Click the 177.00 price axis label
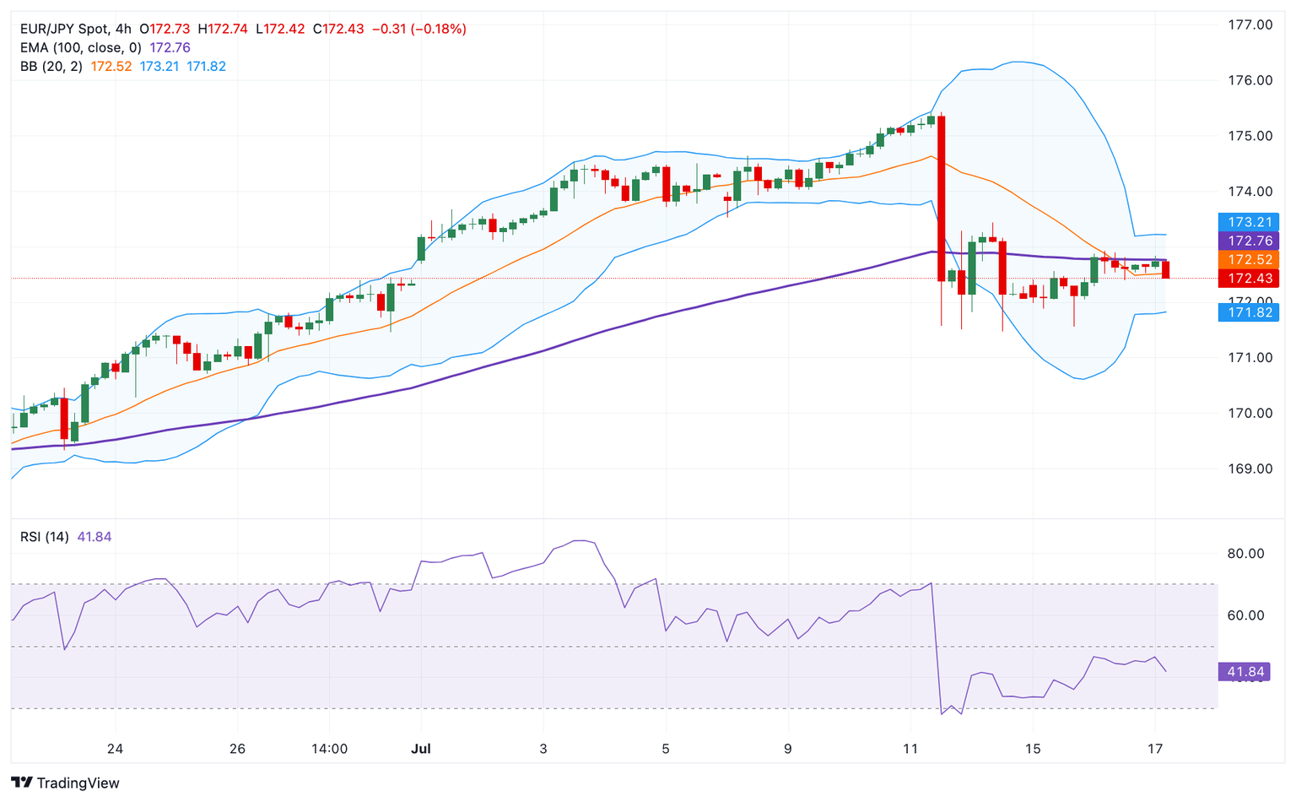point(1249,25)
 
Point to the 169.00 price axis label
point(1249,469)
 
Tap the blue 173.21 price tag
point(1249,222)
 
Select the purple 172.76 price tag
point(1249,241)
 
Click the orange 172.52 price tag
point(1249,260)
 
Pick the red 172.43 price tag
point(1249,279)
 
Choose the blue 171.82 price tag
point(1249,312)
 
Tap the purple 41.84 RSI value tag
point(1245,672)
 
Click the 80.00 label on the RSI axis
point(1245,554)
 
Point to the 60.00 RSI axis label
point(1245,615)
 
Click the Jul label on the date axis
point(421,749)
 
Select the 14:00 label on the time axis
point(329,749)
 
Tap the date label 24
point(116,749)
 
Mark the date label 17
point(1156,749)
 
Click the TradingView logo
point(66,783)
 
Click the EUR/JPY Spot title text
point(64,30)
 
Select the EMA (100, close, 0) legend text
point(81,48)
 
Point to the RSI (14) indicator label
point(45,537)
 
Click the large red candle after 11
point(941,198)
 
